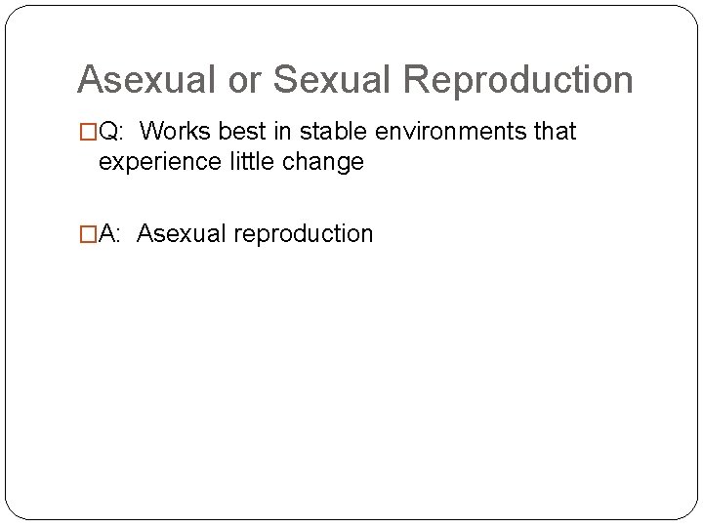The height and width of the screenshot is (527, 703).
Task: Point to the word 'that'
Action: (552, 132)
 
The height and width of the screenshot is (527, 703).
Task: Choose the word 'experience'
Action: (156, 162)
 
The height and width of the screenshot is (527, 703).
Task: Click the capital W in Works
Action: (162, 132)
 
